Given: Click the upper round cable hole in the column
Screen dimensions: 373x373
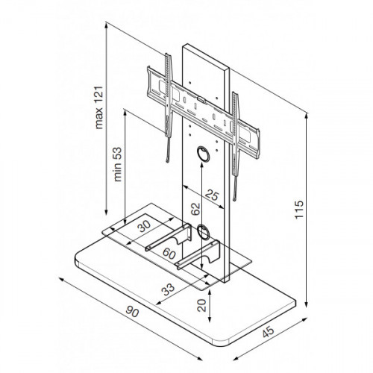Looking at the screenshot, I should click(x=204, y=154).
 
